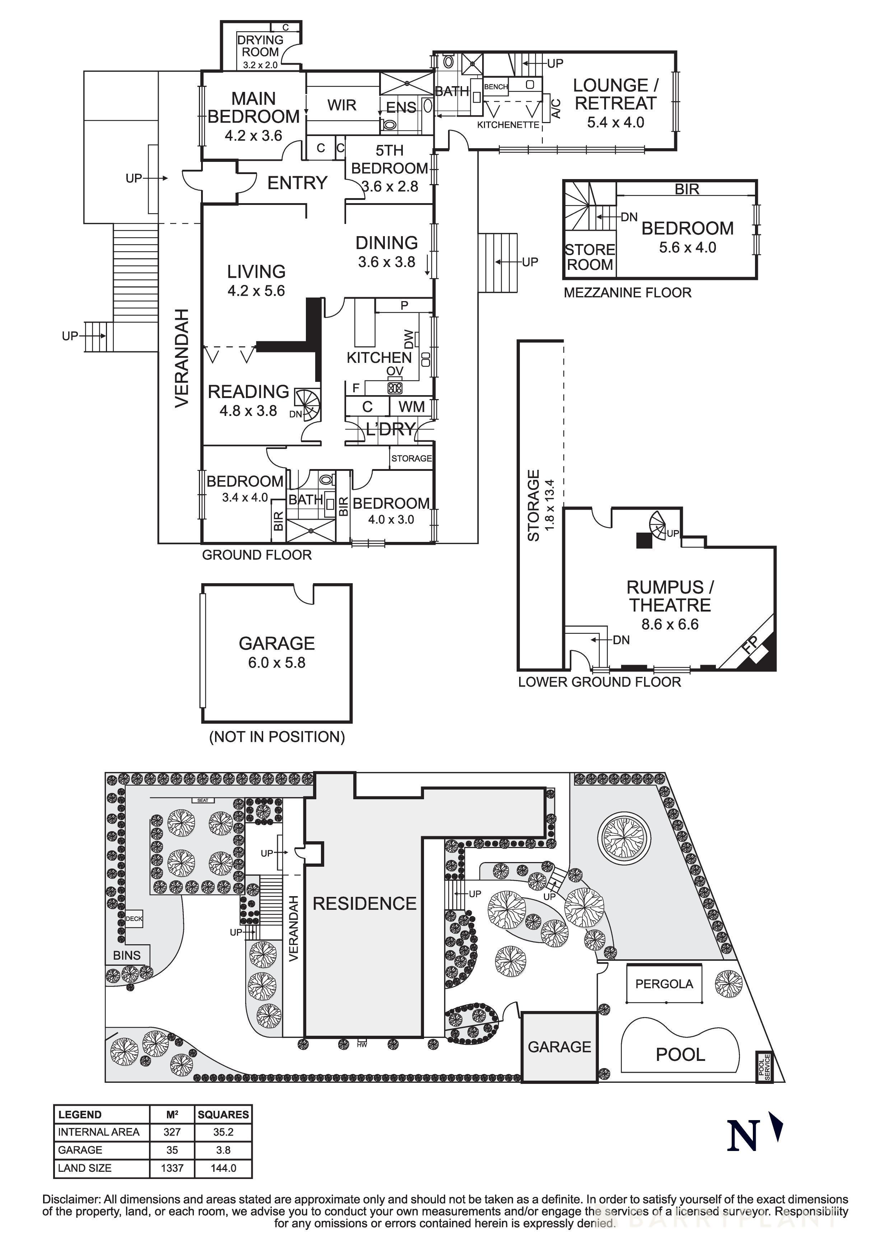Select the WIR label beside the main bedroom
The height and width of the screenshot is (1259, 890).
coord(342,105)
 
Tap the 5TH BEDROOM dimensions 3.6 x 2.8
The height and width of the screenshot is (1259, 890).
coord(389,186)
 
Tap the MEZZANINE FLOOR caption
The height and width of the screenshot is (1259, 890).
coord(627,293)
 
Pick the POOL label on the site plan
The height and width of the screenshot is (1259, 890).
coord(680,1054)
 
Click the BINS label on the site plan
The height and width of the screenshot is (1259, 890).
coord(127,955)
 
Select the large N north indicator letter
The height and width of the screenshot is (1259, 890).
coord(742,1136)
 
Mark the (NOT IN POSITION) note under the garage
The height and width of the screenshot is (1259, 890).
coord(277,737)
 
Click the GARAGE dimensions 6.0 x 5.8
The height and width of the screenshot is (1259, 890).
coord(276,663)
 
